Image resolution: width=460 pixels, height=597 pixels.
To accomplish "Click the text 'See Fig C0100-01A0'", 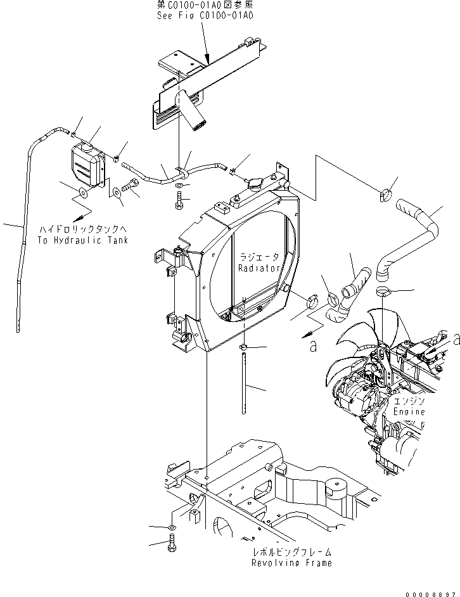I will (x=205, y=15).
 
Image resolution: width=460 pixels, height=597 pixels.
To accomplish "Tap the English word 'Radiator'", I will (x=259, y=268).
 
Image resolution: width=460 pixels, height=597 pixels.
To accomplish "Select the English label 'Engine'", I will (x=409, y=411).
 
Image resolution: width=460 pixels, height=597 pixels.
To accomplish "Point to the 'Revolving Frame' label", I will (x=291, y=563).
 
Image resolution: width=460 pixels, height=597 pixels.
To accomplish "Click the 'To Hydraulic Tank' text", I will (x=83, y=240).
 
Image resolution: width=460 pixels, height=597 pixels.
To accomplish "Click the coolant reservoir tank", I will (x=87, y=164).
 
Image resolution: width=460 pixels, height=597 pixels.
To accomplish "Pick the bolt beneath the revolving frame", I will (x=174, y=544).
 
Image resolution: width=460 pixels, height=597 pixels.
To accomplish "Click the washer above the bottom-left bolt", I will (x=173, y=527).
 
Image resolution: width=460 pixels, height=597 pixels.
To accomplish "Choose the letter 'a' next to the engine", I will (x=455, y=340).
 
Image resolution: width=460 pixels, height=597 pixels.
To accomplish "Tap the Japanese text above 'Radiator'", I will (x=259, y=257).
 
